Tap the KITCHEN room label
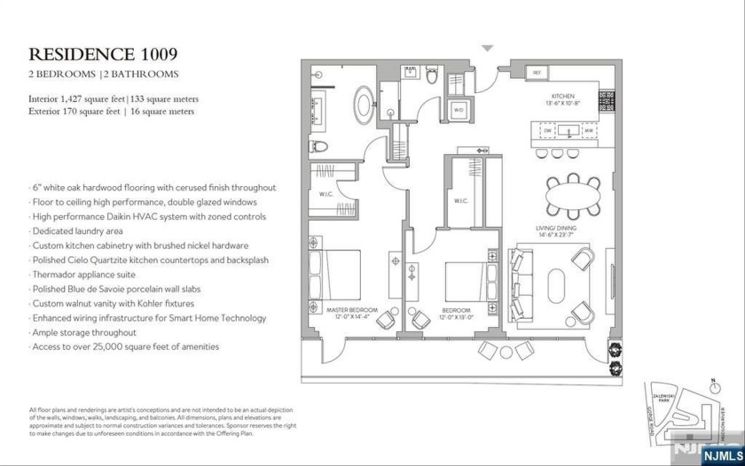[x=562, y=96]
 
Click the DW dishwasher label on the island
[x=548, y=130]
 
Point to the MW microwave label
[x=589, y=130]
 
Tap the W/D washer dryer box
[x=459, y=110]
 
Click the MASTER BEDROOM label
[x=352, y=310]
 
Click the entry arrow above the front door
[x=485, y=49]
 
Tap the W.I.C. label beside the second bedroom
[x=461, y=201]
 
